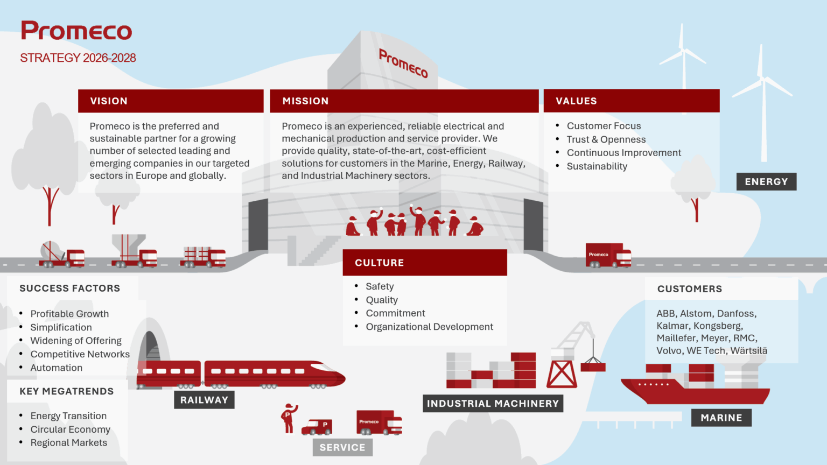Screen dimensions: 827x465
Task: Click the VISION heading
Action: [109, 101]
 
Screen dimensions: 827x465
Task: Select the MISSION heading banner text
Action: [305, 101]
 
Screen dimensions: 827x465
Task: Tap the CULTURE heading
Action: [379, 263]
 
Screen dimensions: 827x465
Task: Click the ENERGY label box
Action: [767, 181]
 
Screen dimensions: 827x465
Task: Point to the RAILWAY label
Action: [204, 400]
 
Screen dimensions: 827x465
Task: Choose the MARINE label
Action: [721, 418]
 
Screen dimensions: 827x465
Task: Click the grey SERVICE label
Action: [342, 448]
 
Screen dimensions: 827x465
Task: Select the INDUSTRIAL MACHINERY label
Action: [493, 403]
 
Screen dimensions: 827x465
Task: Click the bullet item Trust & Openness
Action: [606, 139]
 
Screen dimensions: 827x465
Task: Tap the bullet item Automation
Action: [57, 368]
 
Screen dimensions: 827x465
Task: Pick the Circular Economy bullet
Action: [70, 429]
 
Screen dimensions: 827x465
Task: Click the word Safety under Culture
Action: [380, 286]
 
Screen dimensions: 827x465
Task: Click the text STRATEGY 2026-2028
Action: [78, 58]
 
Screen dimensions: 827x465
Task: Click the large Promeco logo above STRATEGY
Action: [76, 30]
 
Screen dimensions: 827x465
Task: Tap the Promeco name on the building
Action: [403, 64]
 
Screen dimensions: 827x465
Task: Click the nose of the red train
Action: [338, 376]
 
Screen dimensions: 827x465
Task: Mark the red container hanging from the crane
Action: [593, 367]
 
